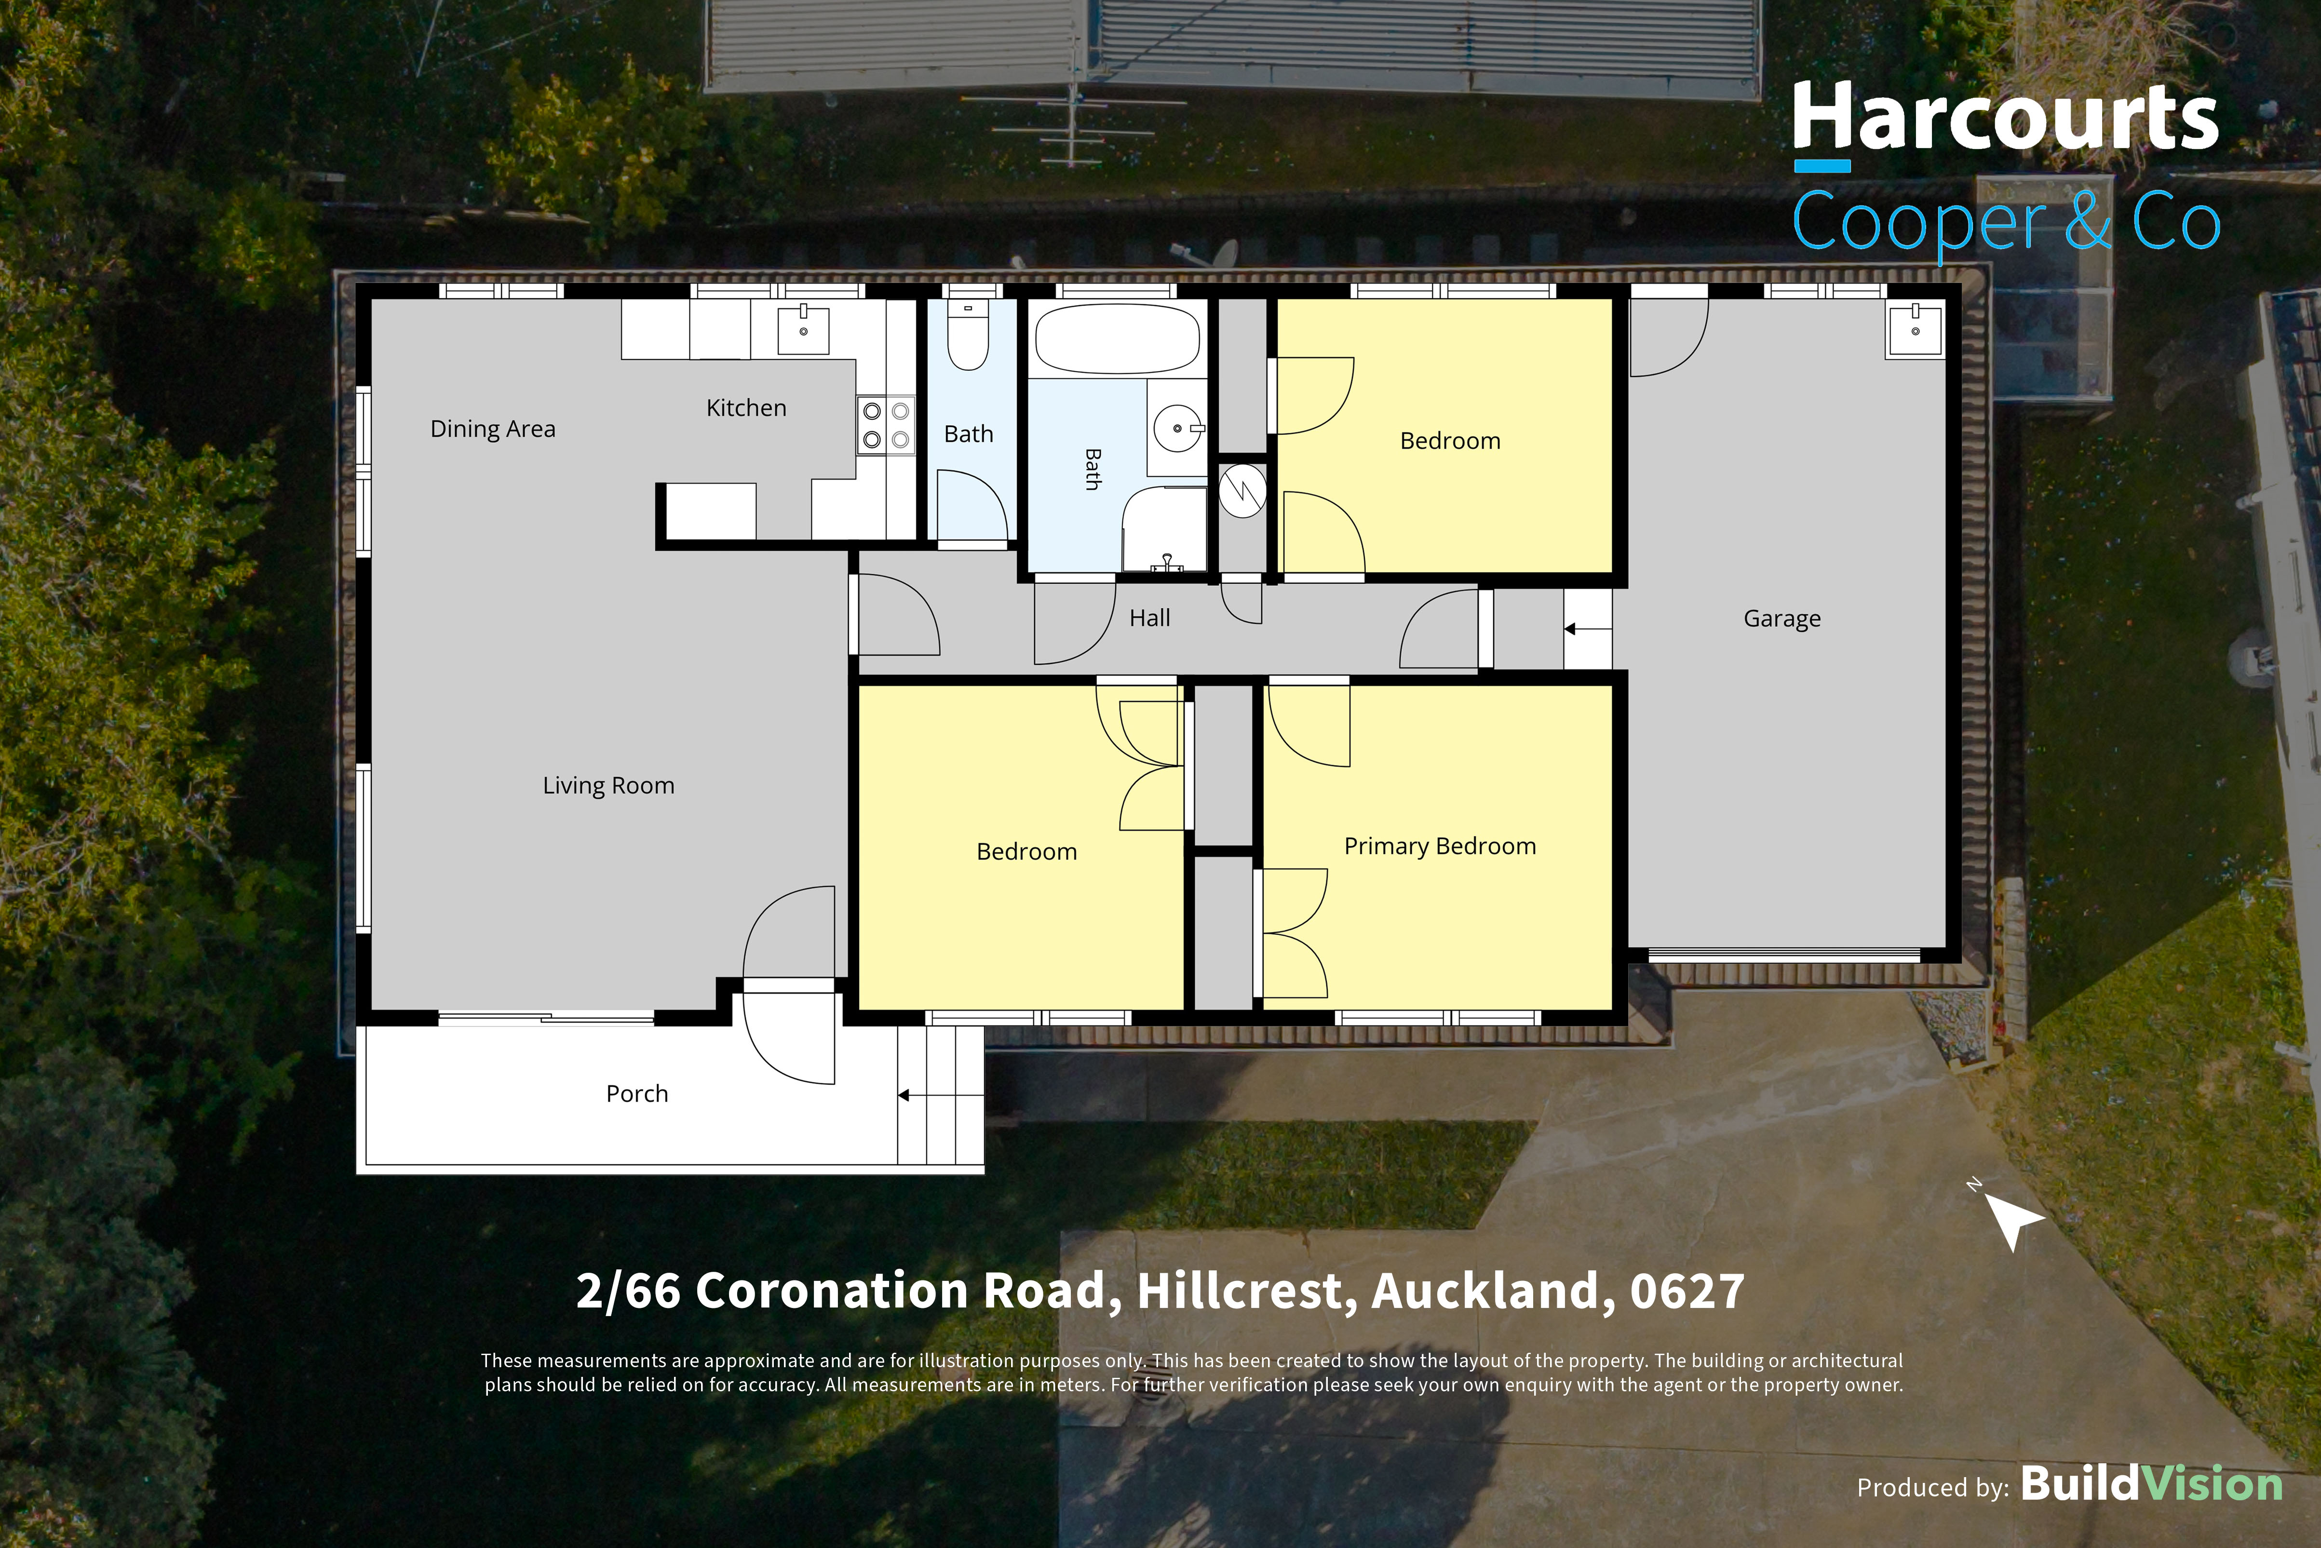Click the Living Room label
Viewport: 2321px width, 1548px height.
pyautogui.click(x=608, y=786)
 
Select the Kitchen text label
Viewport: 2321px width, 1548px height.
pyautogui.click(x=746, y=408)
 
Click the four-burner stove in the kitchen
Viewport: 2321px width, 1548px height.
pyautogui.click(x=886, y=425)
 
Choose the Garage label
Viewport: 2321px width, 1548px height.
pyautogui.click(x=1782, y=619)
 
